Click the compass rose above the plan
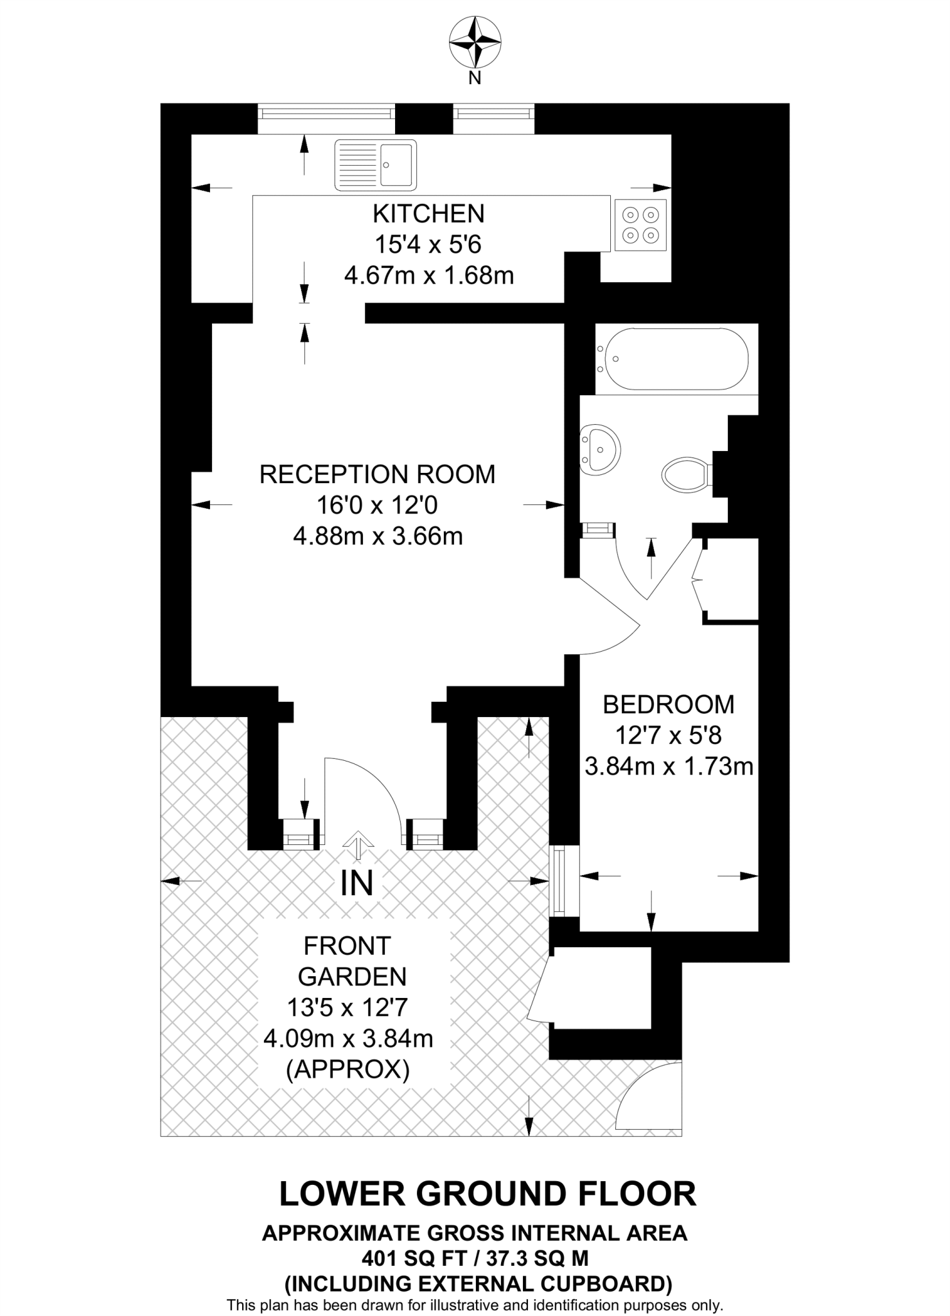pyautogui.click(x=475, y=43)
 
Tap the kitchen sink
pyautogui.click(x=376, y=166)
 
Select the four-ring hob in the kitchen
pyautogui.click(x=640, y=225)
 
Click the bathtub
pyautogui.click(x=673, y=359)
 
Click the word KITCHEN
pyautogui.click(x=429, y=213)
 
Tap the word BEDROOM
pyautogui.click(x=669, y=705)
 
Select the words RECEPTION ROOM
pyautogui.click(x=378, y=474)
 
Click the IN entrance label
pyautogui.click(x=357, y=884)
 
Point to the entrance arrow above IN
pyautogui.click(x=357, y=844)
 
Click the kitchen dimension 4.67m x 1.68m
pyautogui.click(x=429, y=276)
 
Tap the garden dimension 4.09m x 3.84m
pyautogui.click(x=348, y=1038)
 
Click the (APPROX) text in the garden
pyautogui.click(x=348, y=1070)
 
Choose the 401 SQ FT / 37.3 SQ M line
pyautogui.click(x=475, y=1257)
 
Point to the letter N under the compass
pyautogui.click(x=475, y=79)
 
